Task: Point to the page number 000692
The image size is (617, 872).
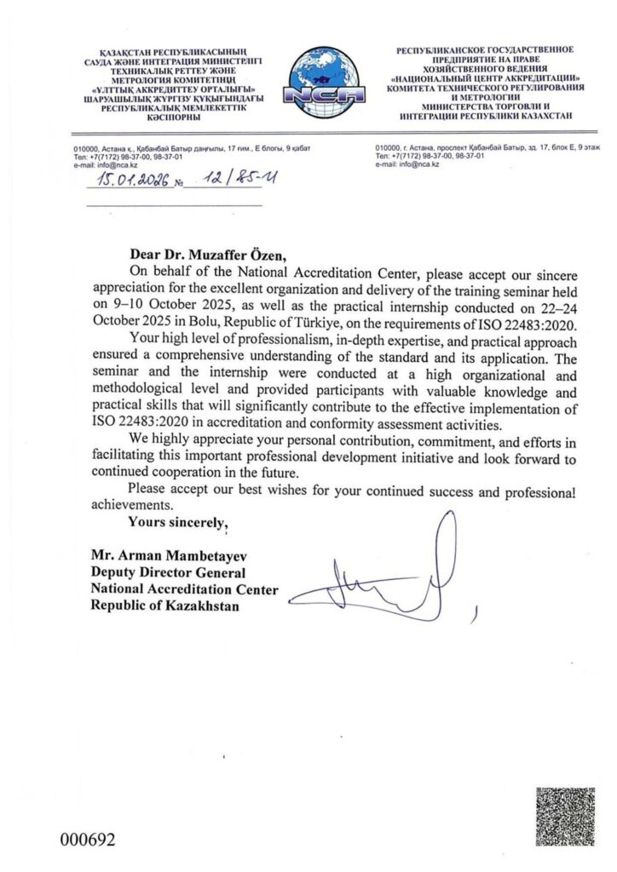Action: tap(87, 839)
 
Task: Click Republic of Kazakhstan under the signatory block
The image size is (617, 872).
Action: tap(166, 605)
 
